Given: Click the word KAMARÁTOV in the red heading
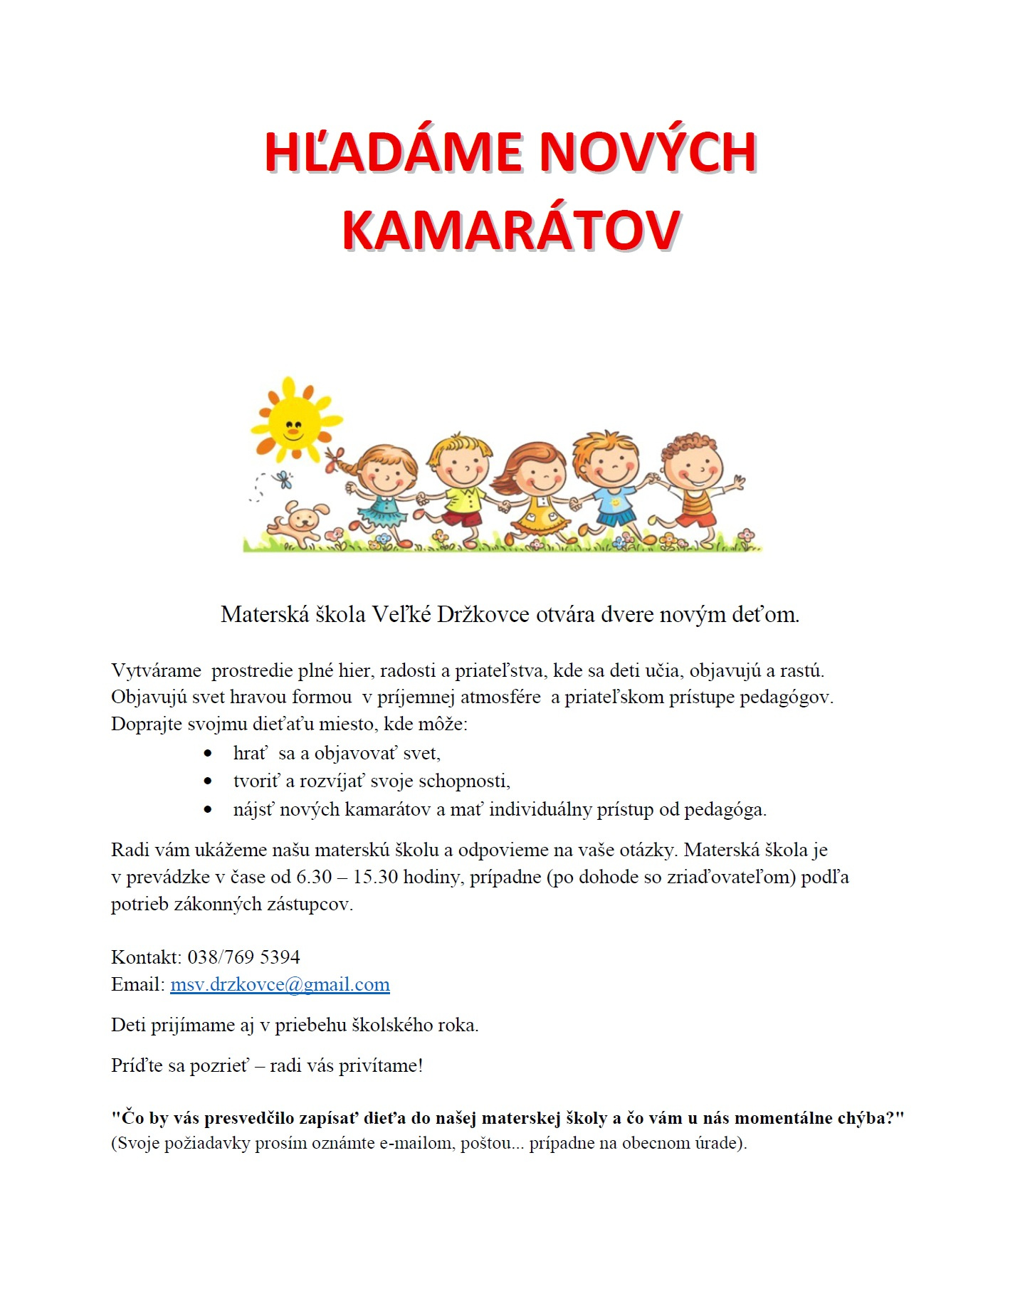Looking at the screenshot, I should pos(510,230).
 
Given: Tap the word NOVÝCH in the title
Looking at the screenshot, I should pos(647,152).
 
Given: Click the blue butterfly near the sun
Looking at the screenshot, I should pos(284,479).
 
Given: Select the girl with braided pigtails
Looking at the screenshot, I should pos(382,491).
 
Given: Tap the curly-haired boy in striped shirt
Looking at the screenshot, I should pos(694,484).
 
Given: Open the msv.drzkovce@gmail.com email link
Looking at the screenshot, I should pos(280,984).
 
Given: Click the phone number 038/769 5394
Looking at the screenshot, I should pos(243,957).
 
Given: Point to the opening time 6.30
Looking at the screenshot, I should pos(314,876).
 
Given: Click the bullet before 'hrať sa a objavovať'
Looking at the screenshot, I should pos(208,753).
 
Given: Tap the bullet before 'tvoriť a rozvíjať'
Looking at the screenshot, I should pos(208,781).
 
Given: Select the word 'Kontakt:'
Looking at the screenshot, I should pos(147,957).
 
